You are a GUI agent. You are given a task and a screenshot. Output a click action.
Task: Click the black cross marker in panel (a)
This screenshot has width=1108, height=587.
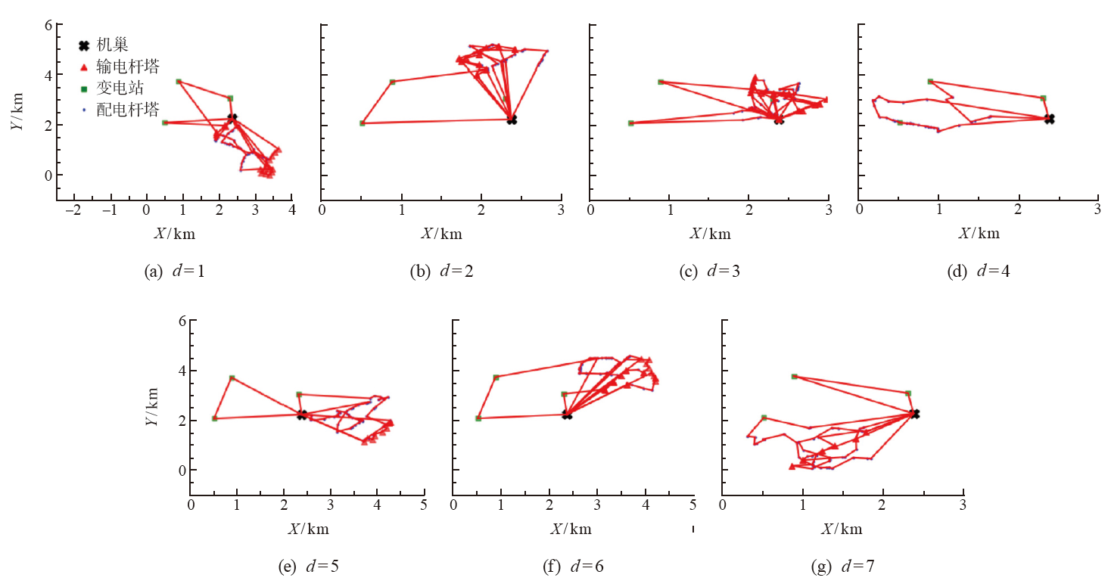[232, 118]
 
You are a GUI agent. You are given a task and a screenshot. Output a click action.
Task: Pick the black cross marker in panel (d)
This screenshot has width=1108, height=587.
[1049, 119]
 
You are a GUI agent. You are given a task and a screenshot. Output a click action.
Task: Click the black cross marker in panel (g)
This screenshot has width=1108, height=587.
[915, 414]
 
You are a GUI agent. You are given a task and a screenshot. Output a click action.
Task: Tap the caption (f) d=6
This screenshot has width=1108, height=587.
[572, 566]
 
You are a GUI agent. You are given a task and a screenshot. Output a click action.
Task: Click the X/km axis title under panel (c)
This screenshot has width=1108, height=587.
[709, 234]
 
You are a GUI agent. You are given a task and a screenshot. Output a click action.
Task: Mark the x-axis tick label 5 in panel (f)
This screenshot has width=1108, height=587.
[692, 505]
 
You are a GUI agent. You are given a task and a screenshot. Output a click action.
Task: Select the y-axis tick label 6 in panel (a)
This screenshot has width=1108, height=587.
[48, 25]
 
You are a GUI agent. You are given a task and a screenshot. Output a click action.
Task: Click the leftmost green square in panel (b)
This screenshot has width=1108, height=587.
[363, 123]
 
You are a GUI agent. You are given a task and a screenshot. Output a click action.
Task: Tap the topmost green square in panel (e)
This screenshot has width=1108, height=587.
[232, 377]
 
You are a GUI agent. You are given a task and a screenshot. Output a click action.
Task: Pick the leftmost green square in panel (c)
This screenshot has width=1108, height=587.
[630, 123]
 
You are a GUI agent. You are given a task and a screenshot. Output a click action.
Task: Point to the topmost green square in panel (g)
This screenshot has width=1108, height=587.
[794, 376]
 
